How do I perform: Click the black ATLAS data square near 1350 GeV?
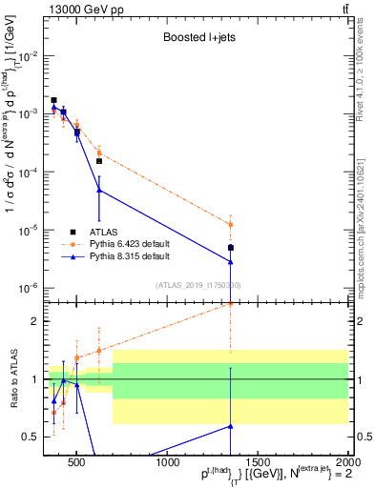(231, 248)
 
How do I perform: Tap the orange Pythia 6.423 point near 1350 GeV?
(231, 225)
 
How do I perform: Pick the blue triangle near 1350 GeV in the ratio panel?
(231, 426)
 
